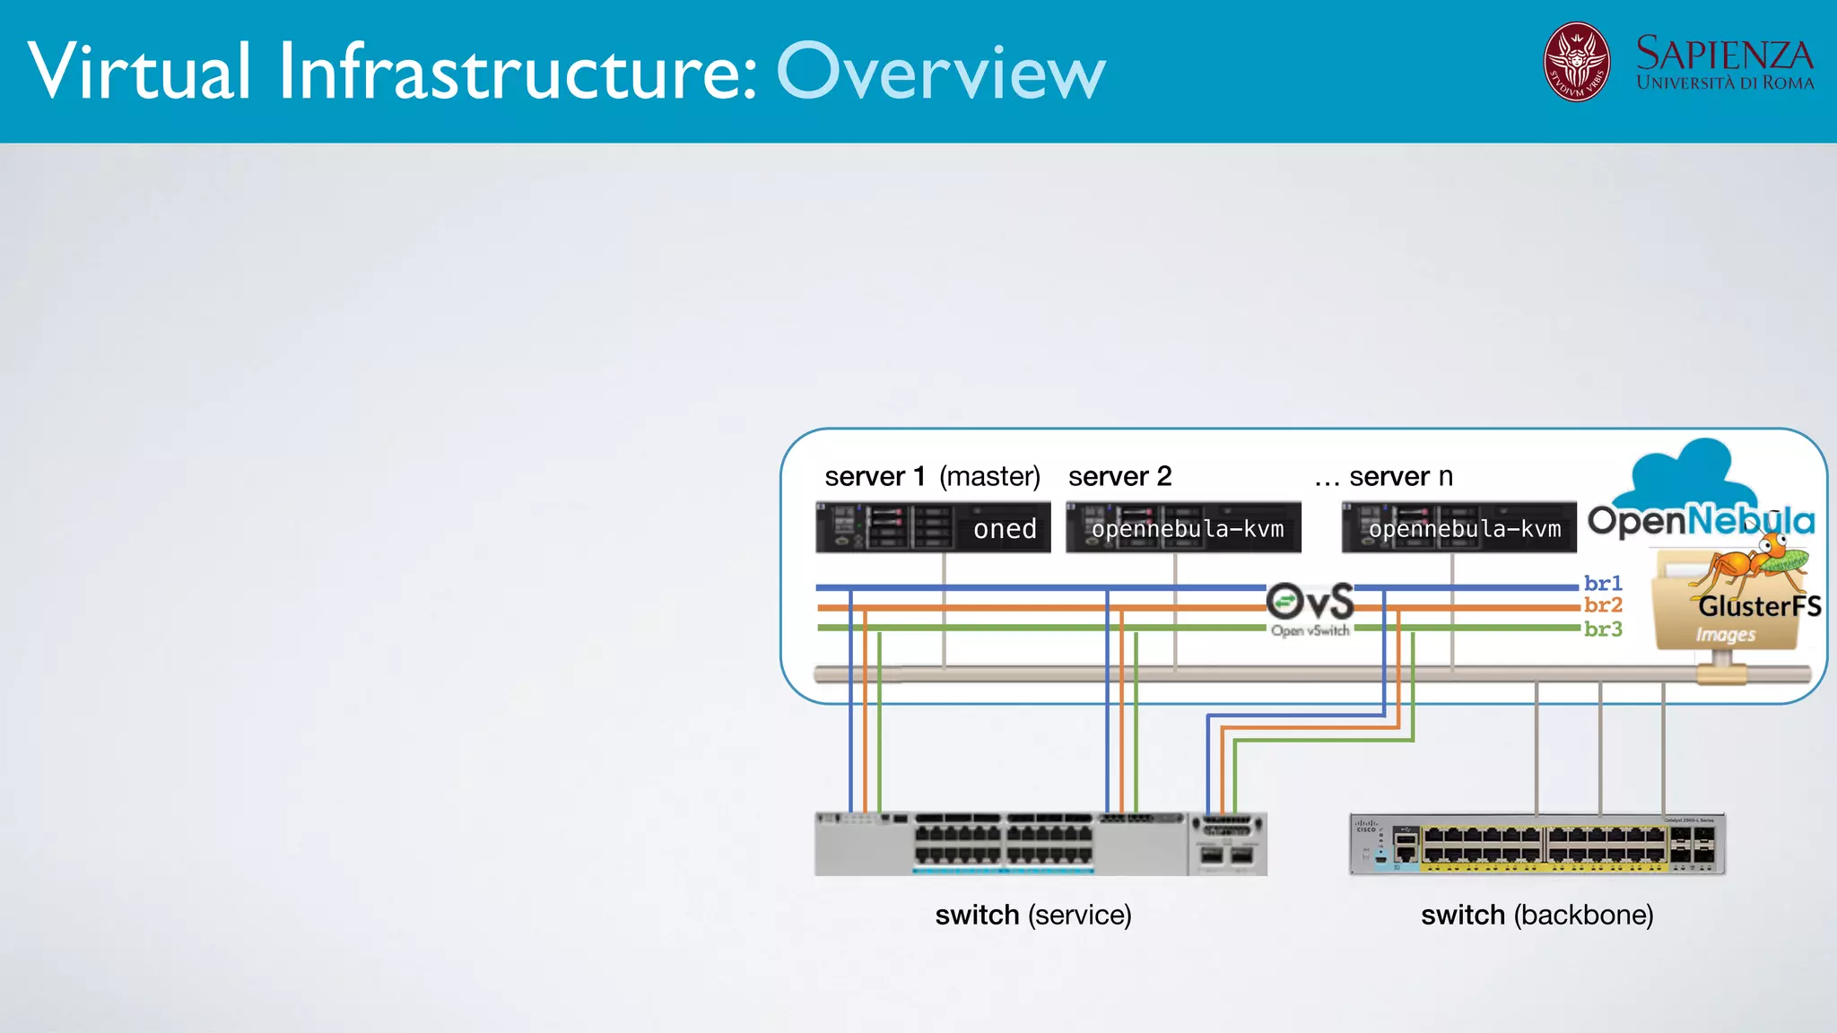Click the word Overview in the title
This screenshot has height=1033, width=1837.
point(940,72)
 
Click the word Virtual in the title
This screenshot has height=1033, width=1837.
point(139,72)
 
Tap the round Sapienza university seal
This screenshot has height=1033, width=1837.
point(1576,62)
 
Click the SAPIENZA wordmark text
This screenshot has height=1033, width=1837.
point(1724,54)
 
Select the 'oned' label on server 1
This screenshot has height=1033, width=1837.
point(1005,529)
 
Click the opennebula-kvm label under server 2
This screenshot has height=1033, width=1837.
point(1187,529)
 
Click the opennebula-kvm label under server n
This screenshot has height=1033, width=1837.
point(1464,529)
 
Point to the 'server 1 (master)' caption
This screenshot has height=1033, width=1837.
point(932,476)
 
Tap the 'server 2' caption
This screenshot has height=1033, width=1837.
point(1119,476)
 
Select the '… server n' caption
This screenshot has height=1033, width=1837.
point(1383,476)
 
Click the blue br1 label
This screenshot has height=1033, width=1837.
point(1603,583)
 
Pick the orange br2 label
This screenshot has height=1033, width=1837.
point(1603,605)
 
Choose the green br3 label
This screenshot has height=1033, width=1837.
point(1603,629)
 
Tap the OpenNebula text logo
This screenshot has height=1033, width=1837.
point(1701,520)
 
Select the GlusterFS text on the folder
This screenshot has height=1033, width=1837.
point(1759,606)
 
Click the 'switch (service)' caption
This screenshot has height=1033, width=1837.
point(1033,915)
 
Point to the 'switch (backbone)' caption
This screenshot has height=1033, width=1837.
point(1537,915)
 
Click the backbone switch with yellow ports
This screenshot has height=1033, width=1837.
point(1537,845)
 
